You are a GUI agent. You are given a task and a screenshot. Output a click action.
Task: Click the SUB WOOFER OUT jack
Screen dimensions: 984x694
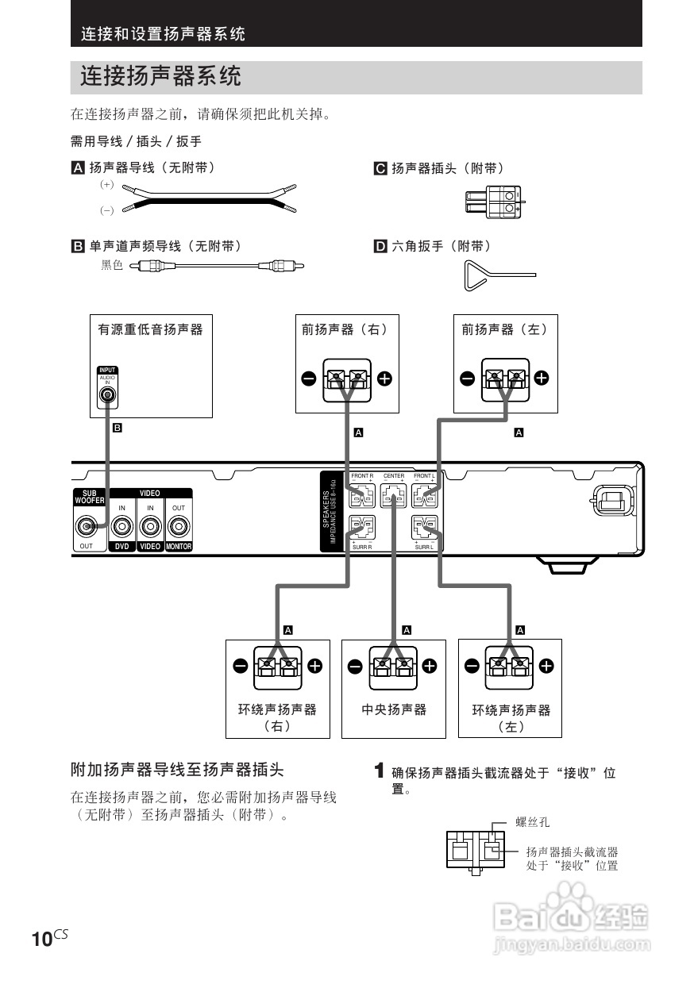pos(87,525)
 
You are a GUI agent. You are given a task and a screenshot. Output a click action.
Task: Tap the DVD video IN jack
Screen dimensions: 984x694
pos(121,525)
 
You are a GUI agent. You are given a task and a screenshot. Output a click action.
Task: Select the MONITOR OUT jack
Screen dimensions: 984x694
pos(179,525)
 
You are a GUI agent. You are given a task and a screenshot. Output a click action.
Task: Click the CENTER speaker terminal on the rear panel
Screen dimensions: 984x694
pos(394,498)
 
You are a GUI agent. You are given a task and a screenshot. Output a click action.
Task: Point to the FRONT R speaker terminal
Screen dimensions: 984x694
pos(362,498)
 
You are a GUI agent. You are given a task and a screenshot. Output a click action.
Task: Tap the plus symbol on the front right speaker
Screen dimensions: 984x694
pos(384,379)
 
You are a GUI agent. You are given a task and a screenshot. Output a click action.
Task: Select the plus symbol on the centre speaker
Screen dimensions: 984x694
pos(430,666)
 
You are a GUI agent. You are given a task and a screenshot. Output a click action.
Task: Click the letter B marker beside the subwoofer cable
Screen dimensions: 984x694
pos(117,428)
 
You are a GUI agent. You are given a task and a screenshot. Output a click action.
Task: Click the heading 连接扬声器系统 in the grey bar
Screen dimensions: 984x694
pos(160,77)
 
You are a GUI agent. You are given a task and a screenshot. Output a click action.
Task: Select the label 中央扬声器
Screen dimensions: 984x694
pos(394,709)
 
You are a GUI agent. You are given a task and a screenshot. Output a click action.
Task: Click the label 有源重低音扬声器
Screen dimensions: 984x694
pos(150,329)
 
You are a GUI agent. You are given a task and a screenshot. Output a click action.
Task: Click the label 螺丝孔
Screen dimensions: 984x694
pos(533,822)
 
